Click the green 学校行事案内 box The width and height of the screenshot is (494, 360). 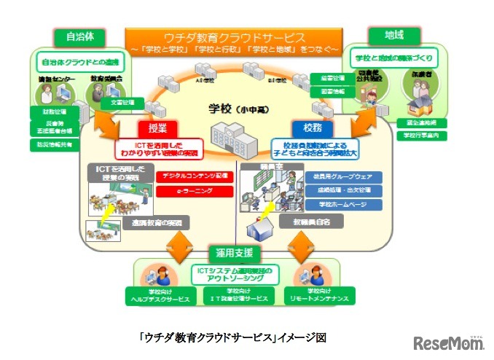point(416,136)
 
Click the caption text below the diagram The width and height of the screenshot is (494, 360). point(232,337)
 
